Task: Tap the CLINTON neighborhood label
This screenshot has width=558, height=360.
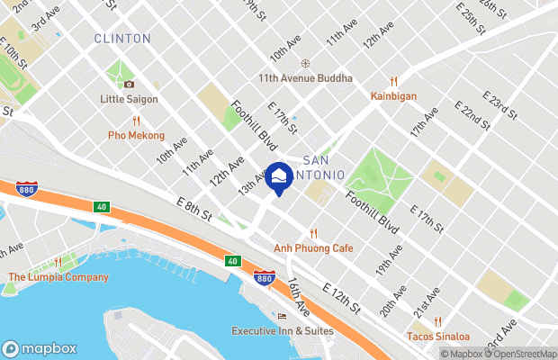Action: [122, 39]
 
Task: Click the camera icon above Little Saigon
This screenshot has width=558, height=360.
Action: [130, 85]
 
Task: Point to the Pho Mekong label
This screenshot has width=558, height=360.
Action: [137, 135]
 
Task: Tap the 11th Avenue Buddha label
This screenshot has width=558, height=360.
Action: [305, 78]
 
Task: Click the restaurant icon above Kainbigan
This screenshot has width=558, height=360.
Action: [394, 81]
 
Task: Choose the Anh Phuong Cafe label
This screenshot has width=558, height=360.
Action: [313, 247]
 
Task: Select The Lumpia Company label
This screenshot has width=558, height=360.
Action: [58, 277]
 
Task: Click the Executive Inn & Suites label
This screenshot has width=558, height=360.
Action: [283, 330]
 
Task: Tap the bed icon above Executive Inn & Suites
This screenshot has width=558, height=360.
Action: [283, 316]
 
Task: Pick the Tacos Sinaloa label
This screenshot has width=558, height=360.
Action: [437, 337]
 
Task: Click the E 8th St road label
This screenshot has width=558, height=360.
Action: [194, 216]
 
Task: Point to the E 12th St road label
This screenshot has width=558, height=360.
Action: [341, 301]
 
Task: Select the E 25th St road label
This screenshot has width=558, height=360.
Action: [471, 19]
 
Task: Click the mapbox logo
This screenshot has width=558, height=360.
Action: [40, 348]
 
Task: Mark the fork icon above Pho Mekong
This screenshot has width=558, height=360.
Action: [137, 121]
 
